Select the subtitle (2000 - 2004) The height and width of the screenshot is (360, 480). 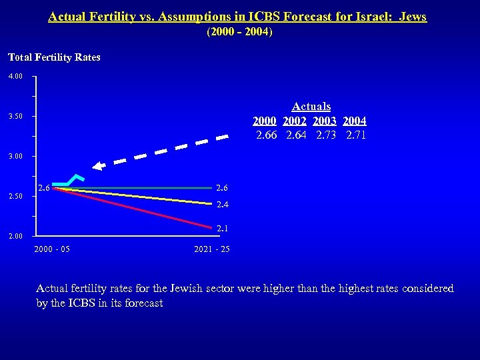coord(239,32)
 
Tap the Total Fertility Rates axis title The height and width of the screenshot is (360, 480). coord(54,57)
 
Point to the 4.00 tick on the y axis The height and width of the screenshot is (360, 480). coord(15,77)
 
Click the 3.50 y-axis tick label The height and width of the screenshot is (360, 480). coord(15,117)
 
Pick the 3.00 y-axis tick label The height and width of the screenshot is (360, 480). coord(15,156)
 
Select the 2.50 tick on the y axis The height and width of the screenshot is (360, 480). coord(15,196)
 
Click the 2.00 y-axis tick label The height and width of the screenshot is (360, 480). coord(15,236)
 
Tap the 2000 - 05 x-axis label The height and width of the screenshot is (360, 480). coord(51,249)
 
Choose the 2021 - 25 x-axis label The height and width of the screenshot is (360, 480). coord(211,249)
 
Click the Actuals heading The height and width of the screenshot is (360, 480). coord(311,107)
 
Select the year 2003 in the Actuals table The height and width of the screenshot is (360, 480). coord(325,121)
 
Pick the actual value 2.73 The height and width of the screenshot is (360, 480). coord(326,135)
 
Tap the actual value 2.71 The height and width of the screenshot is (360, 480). coord(356,135)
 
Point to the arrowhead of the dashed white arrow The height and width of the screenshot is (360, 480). coord(98,167)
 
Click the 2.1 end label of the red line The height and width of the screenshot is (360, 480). coord(223,229)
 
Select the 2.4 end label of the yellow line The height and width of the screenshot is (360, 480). coord(223,205)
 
